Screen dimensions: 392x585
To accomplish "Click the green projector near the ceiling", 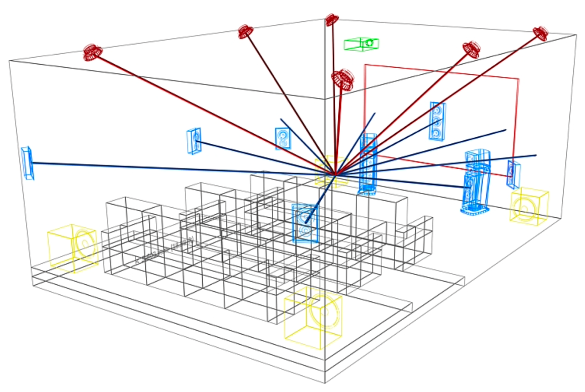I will coord(362,44).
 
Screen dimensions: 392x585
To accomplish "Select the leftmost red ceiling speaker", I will coord(93,52).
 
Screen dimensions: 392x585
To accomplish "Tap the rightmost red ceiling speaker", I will coord(540,33).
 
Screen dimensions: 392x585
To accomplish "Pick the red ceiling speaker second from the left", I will coord(246,32).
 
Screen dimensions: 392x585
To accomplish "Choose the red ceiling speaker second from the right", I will coord(472,49).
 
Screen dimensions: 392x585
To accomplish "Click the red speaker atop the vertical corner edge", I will coord(331,20).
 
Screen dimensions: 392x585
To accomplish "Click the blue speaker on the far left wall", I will coord(27,163).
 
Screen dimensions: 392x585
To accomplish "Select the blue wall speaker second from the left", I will coord(194,140).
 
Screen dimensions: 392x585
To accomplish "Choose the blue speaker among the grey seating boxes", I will coord(305,223).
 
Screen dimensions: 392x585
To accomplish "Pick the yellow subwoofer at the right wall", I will coord(529,207).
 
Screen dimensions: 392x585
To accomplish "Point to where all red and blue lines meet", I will coord(334,175).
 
